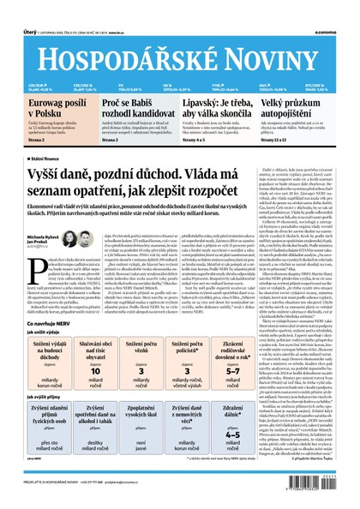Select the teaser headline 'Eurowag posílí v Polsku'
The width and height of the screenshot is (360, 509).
51,107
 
